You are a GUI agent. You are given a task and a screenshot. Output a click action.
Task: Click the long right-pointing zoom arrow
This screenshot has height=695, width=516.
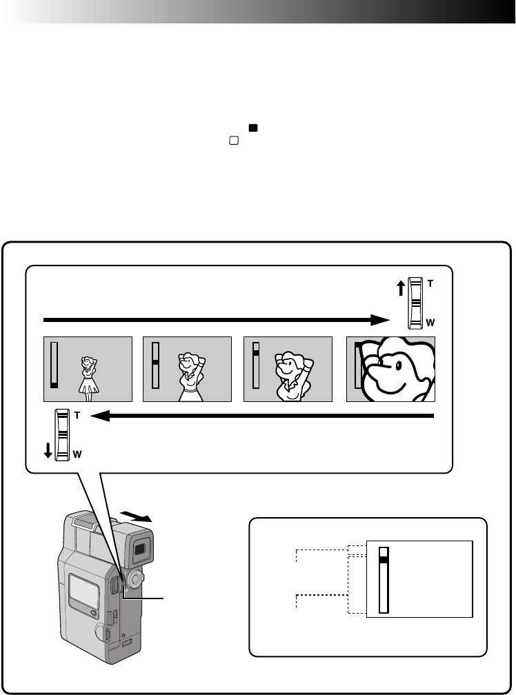[x=217, y=320]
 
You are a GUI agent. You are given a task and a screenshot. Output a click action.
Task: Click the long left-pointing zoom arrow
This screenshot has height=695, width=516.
[x=262, y=416]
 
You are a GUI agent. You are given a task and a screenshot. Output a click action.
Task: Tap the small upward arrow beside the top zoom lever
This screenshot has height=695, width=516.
[x=401, y=288]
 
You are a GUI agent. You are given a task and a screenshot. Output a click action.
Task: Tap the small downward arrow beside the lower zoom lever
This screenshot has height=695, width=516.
[x=48, y=451]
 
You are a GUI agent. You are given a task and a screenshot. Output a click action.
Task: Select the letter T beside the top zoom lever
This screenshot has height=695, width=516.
[x=430, y=283]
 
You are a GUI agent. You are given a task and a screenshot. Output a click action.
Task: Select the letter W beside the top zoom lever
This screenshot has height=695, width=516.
[x=430, y=323]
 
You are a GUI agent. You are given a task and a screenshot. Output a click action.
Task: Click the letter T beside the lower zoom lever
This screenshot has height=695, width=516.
[x=77, y=415]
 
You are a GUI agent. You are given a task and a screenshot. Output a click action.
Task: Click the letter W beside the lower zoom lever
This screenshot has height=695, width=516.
[x=77, y=454]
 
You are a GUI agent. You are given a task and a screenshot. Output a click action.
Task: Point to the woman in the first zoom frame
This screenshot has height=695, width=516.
[x=89, y=379]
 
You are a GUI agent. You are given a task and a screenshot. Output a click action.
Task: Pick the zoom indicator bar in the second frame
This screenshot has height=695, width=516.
[x=155, y=365]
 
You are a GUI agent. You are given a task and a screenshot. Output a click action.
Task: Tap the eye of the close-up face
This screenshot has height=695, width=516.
[x=398, y=365]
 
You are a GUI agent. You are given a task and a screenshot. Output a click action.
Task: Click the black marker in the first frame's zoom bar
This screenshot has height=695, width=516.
[x=54, y=385]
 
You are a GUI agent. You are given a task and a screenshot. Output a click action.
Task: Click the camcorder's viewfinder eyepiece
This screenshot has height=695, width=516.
[x=139, y=549]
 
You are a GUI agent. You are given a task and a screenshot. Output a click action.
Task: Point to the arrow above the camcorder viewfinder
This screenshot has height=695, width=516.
[x=136, y=516]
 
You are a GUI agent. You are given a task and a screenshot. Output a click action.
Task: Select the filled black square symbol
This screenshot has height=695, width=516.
[x=253, y=128]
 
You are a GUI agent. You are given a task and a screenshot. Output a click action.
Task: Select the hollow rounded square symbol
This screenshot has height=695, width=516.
[x=234, y=141]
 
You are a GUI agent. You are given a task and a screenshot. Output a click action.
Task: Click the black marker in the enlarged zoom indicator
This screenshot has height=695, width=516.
[x=384, y=560]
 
